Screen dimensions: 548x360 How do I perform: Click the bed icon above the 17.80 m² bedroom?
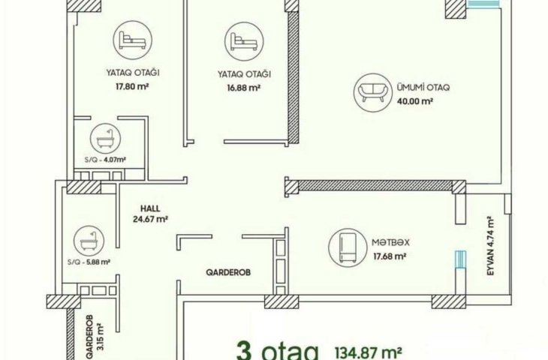[132, 40]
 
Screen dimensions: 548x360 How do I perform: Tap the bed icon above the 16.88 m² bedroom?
[244, 41]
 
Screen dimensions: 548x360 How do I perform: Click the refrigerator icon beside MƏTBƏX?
[348, 247]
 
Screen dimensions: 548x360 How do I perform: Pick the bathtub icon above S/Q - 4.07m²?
[106, 139]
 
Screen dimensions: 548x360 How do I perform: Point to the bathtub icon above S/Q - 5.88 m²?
[89, 241]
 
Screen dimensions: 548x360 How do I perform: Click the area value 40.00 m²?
[415, 101]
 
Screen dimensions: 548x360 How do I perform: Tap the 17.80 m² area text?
[132, 86]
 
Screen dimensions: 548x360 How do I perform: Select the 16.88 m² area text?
[243, 87]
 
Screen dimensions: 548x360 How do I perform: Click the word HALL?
[150, 208]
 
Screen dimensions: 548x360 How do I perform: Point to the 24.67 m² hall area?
[150, 220]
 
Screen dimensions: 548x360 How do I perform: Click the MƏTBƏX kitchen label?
[390, 242]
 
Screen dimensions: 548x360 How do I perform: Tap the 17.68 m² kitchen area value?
[390, 256]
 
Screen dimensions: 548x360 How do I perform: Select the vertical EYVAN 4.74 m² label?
[491, 246]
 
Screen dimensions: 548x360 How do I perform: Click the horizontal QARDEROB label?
[228, 272]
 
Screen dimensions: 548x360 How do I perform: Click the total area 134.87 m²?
[368, 352]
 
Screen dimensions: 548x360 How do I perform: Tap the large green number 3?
[244, 351]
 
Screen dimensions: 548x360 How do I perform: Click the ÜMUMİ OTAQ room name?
[423, 87]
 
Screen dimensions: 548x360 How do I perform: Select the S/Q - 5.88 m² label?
[89, 262]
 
